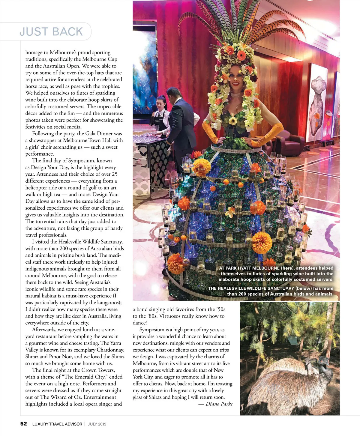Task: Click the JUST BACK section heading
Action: point(51,31)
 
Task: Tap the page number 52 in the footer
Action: point(23,424)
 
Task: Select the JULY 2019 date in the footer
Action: point(97,424)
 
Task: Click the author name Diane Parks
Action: point(219,404)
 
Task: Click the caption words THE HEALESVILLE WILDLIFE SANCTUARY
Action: point(251,288)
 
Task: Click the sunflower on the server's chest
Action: point(232,121)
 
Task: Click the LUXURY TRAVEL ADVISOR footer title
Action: point(57,424)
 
